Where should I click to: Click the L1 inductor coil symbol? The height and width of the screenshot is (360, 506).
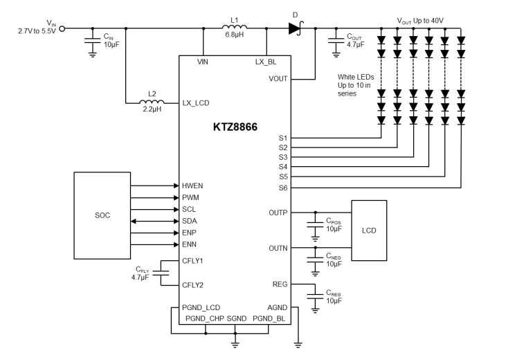pyautogui.click(x=235, y=28)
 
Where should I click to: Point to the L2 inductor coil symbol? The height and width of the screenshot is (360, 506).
pyautogui.click(x=151, y=102)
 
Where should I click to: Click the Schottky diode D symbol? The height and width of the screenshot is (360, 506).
pyautogui.click(x=296, y=28)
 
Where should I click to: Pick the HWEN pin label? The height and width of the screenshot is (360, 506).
pyautogui.click(x=193, y=186)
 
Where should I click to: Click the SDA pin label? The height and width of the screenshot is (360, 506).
pyautogui.click(x=190, y=221)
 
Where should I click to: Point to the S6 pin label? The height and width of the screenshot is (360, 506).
pyautogui.click(x=282, y=187)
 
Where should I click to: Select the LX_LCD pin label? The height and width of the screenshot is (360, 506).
pyautogui.click(x=195, y=102)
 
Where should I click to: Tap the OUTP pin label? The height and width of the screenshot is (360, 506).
pyautogui.click(x=278, y=213)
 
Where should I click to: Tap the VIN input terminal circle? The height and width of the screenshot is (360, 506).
pyautogui.click(x=63, y=29)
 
